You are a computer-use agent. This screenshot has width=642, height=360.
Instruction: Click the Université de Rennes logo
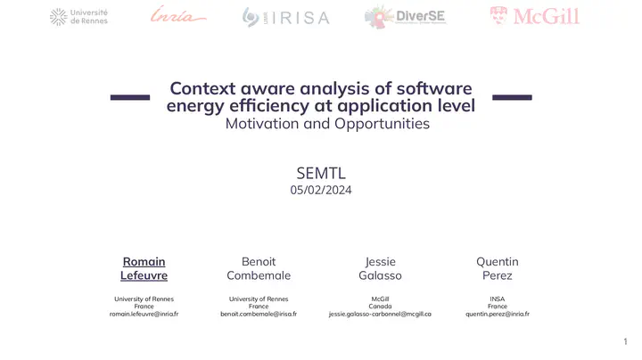click(x=78, y=17)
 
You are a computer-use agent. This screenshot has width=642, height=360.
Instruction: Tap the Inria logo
click(x=178, y=14)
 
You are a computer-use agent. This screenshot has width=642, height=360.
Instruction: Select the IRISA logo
click(x=286, y=17)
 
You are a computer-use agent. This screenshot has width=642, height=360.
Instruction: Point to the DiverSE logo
click(x=405, y=17)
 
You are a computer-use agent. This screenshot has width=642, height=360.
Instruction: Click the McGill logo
click(x=535, y=16)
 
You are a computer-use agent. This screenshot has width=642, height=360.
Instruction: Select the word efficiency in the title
click(x=269, y=105)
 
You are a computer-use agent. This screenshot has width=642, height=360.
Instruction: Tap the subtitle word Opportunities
click(x=382, y=124)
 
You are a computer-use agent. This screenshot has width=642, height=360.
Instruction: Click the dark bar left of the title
click(x=130, y=97)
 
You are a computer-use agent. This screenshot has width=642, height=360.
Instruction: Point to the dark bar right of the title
click(x=512, y=97)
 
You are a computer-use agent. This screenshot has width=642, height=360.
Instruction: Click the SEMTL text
click(x=321, y=174)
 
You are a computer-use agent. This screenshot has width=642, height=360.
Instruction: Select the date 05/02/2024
click(x=321, y=190)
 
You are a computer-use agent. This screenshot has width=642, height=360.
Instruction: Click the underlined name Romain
click(x=144, y=262)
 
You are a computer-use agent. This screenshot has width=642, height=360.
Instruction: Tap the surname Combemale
click(x=259, y=275)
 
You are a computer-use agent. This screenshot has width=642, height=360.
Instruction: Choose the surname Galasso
click(x=380, y=275)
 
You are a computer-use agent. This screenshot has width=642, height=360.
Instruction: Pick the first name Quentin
click(x=498, y=262)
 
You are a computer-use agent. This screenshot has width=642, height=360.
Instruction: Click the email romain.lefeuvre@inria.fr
click(x=144, y=315)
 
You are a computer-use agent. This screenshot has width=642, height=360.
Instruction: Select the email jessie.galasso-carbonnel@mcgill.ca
click(x=380, y=315)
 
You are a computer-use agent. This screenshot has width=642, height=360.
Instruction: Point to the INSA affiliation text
click(x=498, y=299)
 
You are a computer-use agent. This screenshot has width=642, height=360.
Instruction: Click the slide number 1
click(x=625, y=341)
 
